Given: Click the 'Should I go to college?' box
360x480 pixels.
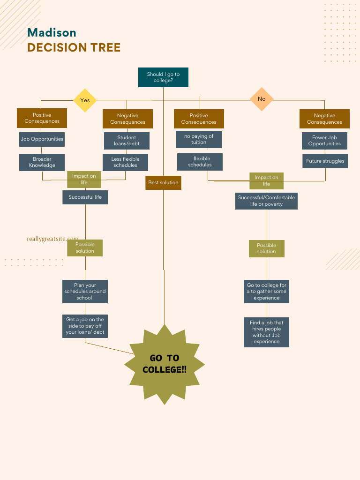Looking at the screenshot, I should click(163, 77).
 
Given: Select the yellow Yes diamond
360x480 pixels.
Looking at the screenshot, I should click(85, 100).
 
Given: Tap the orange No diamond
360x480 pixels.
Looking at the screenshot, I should click(262, 99).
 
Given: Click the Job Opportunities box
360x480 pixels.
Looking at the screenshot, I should click(42, 139).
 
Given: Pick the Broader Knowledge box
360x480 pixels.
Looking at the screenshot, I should click(42, 162).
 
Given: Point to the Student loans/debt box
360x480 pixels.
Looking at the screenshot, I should click(127, 141).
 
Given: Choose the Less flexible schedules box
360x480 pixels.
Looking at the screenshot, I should click(125, 162).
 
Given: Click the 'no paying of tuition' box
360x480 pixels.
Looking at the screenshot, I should click(199, 139).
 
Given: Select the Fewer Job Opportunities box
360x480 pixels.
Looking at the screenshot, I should click(324, 141).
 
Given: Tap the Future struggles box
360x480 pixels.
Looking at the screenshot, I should click(325, 161).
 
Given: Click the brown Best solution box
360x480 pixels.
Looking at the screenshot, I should click(163, 183).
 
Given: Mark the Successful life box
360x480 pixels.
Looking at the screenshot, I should click(85, 197).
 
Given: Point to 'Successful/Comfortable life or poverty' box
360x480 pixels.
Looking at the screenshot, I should click(266, 201).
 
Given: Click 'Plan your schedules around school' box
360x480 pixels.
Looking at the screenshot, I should click(85, 291).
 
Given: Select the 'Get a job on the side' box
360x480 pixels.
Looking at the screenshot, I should click(85, 326).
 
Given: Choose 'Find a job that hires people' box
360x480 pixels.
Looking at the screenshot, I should click(266, 332).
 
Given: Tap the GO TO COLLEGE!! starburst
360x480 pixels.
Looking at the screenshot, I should click(164, 364).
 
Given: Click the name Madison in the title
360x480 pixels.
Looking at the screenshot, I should click(52, 32).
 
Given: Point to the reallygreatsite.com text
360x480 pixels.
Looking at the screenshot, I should click(52, 239).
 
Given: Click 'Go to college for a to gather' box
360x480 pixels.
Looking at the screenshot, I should click(266, 291).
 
